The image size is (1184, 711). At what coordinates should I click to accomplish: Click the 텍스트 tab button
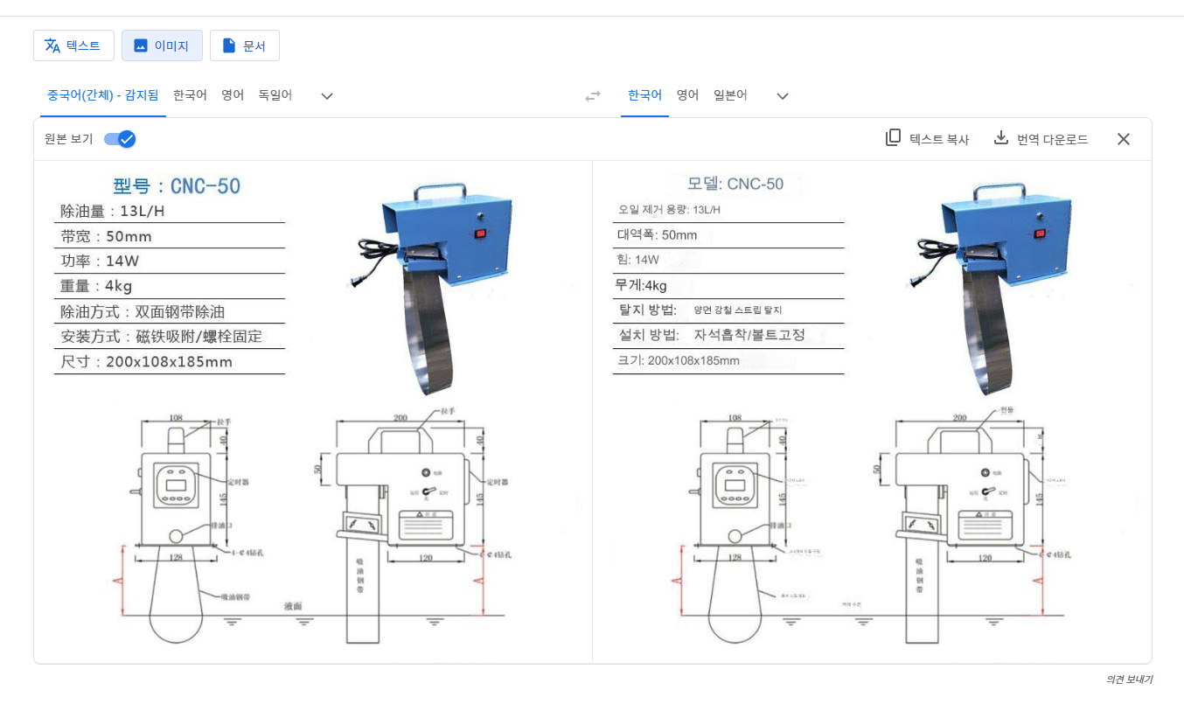tap(73, 45)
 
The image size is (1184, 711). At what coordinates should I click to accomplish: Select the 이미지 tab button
tap(162, 45)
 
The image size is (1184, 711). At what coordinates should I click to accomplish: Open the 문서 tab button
tap(244, 45)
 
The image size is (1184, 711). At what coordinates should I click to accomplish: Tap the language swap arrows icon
tap(593, 96)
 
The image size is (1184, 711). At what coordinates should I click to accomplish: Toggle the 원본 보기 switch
tap(120, 139)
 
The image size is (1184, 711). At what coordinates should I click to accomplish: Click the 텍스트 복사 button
tap(927, 139)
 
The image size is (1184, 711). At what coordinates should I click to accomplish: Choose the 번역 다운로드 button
tap(1041, 139)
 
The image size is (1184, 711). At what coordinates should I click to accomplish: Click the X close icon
tap(1124, 139)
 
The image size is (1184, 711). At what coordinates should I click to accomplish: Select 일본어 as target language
tap(730, 95)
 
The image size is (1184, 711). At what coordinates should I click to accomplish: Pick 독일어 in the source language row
tap(275, 95)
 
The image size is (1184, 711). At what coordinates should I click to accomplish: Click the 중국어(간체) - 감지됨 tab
tap(102, 95)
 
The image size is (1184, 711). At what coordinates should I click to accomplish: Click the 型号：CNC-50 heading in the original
tap(177, 186)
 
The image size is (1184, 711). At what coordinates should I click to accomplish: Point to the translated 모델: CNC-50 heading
tap(735, 184)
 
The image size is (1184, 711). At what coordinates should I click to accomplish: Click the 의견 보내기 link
tap(1129, 680)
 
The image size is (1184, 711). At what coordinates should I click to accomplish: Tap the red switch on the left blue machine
tap(479, 234)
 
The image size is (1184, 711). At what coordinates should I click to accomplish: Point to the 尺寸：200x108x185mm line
tap(146, 362)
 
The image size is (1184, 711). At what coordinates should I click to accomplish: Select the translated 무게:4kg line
tap(642, 285)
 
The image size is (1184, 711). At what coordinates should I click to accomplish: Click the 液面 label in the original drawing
tap(293, 605)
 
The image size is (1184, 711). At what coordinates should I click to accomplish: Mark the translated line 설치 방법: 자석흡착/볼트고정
tap(711, 335)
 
